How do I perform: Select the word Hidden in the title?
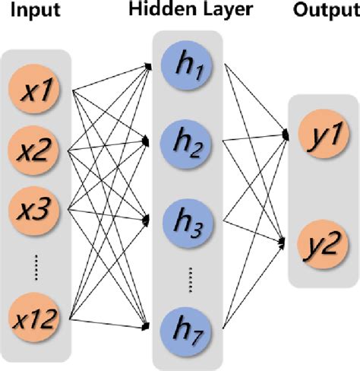156,11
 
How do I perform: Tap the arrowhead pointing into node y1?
286,134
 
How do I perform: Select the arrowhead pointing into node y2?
286,243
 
